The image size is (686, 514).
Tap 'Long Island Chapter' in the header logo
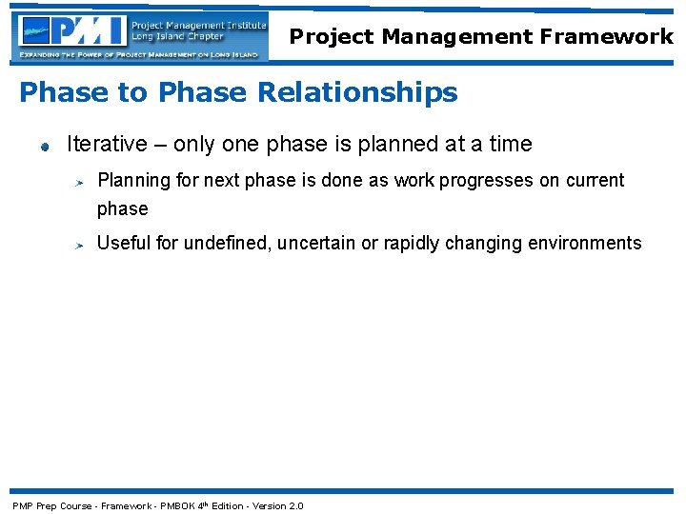tap(177, 37)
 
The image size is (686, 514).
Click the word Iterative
tap(107, 144)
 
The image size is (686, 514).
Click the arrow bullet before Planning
tap(82, 181)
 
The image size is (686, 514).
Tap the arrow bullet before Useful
tap(82, 245)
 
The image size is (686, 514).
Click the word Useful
tap(124, 243)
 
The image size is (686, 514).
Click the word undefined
tap(227, 243)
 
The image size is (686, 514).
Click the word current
tap(595, 180)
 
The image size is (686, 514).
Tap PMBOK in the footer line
tap(177, 505)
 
